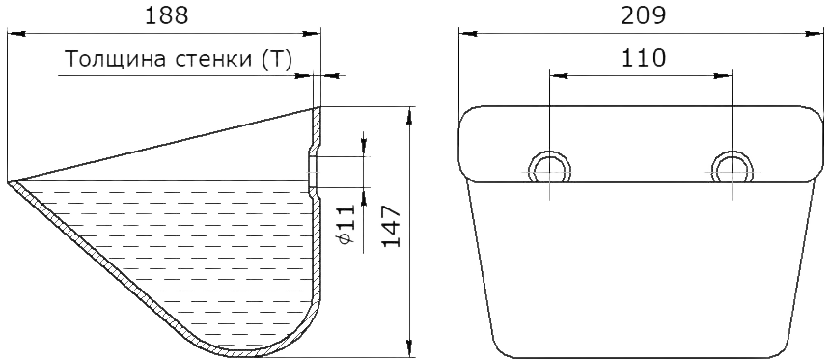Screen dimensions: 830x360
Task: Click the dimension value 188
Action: coord(167,15)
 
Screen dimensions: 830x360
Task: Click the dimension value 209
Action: coord(643,15)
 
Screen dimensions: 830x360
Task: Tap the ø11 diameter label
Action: coord(346,225)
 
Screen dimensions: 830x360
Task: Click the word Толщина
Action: coord(111,60)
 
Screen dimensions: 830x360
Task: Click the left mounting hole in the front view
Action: coord(550,152)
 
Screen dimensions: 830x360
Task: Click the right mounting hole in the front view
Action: coord(733,152)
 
